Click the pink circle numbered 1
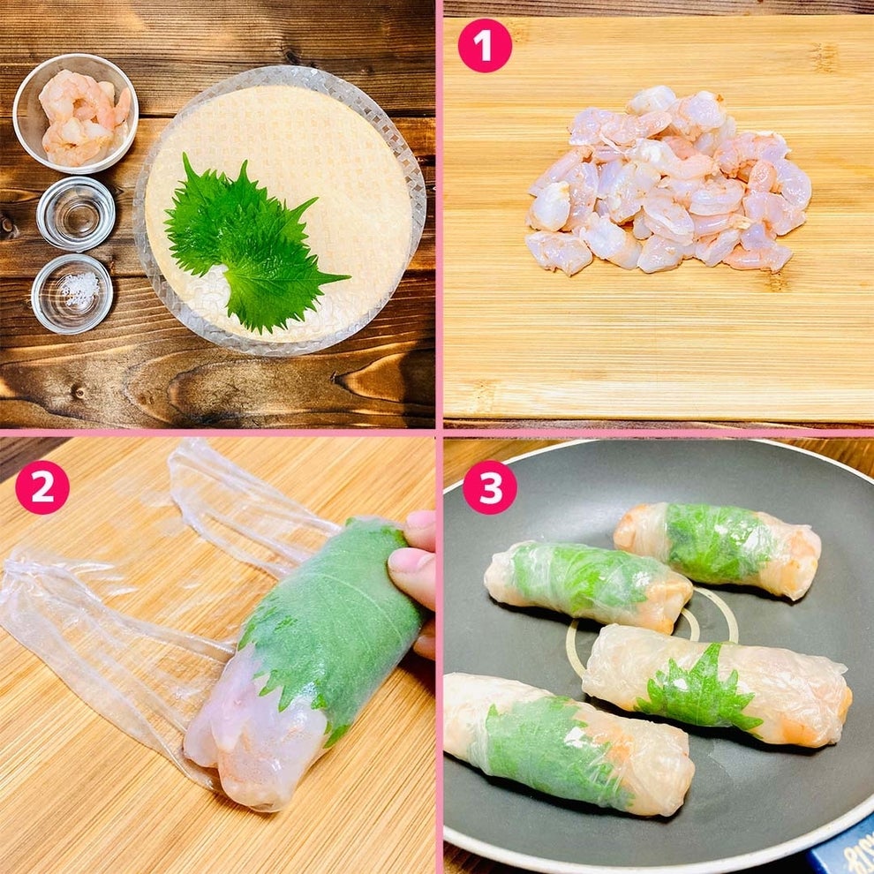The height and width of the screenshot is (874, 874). pyautogui.click(x=485, y=46)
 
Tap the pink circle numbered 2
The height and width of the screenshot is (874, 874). pyautogui.click(x=42, y=487)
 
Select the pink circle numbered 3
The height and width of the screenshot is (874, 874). pyautogui.click(x=490, y=487)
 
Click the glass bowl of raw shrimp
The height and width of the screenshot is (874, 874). pyautogui.click(x=75, y=113)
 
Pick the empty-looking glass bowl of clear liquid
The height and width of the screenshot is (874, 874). pyautogui.click(x=76, y=213)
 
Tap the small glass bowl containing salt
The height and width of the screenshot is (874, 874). pyautogui.click(x=72, y=294)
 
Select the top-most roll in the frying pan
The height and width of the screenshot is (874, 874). pyautogui.click(x=718, y=551)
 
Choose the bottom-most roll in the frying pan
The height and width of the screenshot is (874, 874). pyautogui.click(x=569, y=744)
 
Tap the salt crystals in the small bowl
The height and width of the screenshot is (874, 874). pyautogui.click(x=79, y=290)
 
